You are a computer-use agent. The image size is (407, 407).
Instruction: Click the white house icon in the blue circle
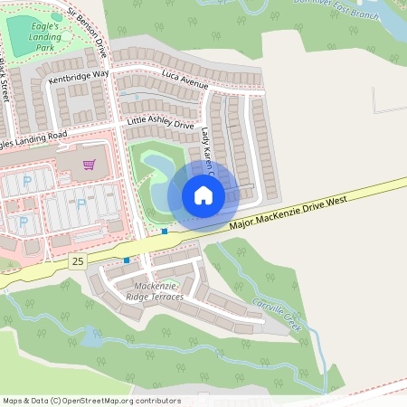203,195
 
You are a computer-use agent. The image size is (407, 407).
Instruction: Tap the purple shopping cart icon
89,165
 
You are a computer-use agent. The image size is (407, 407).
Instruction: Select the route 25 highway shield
78,260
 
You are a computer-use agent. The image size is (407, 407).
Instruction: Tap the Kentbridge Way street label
78,78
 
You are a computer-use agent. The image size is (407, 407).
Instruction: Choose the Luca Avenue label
185,80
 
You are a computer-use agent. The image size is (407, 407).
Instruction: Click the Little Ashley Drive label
161,123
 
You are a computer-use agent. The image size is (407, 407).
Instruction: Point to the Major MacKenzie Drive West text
289,212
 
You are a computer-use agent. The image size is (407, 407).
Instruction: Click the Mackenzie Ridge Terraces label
153,291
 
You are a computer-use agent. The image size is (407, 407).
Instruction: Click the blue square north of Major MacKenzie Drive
165,232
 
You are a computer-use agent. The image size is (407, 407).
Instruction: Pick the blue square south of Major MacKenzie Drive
127,260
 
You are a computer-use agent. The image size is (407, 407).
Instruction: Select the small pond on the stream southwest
91,337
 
